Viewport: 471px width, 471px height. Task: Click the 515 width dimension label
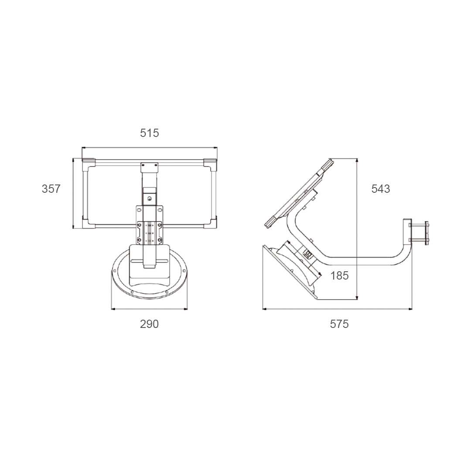click(x=149, y=133)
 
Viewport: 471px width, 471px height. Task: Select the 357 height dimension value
click(x=51, y=189)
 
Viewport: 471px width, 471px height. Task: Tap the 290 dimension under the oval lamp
click(x=149, y=324)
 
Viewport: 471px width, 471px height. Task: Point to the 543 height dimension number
click(x=380, y=189)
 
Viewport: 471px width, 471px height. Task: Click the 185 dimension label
click(x=339, y=276)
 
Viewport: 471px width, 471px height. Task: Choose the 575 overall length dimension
click(x=339, y=324)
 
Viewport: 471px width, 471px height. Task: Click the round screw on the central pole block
click(x=150, y=199)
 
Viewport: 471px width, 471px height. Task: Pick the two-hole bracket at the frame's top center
click(x=150, y=166)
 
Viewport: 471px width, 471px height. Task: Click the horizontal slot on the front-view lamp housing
click(x=149, y=261)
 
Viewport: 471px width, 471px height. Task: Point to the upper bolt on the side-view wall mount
click(x=419, y=225)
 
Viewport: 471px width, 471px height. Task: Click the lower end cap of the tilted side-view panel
click(x=270, y=222)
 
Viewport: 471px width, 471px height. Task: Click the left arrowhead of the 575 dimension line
click(x=264, y=309)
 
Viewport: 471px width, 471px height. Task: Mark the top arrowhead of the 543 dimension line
click(x=357, y=160)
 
